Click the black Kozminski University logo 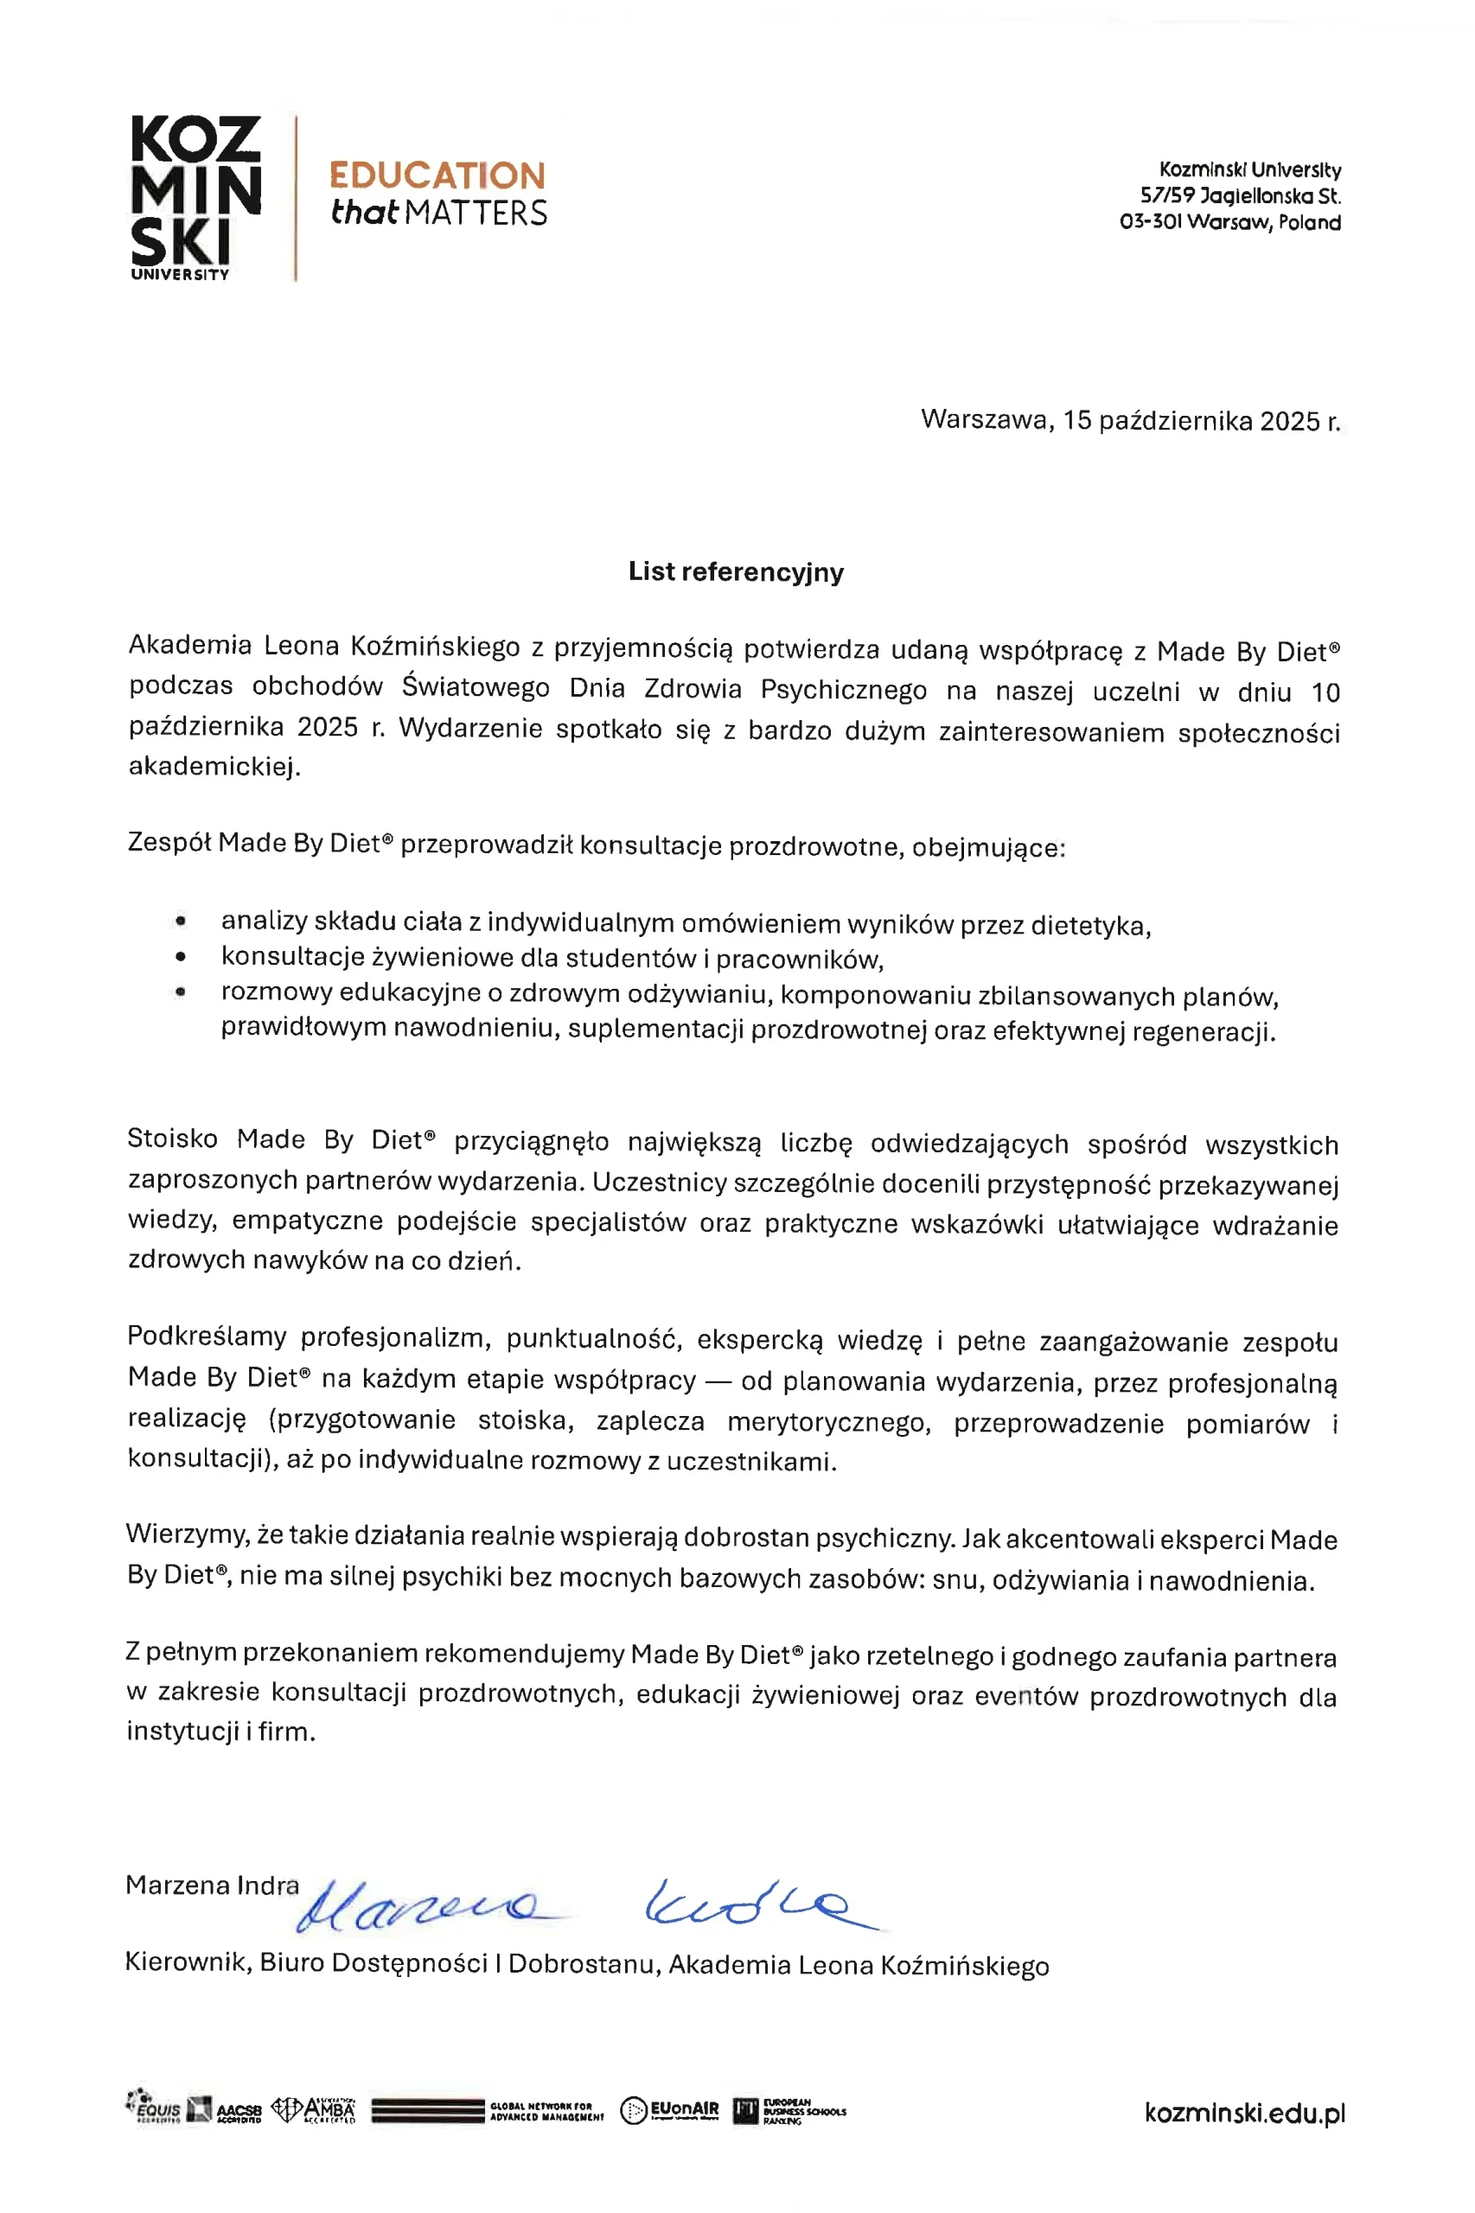click(x=195, y=195)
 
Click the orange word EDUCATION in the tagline click(x=437, y=175)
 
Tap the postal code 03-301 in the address click(x=1151, y=223)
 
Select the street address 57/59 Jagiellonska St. click(x=1240, y=196)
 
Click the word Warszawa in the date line click(x=986, y=418)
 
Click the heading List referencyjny click(x=736, y=571)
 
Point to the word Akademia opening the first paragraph click(x=189, y=645)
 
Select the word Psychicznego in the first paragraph click(x=843, y=689)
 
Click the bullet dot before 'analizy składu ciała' click(x=181, y=922)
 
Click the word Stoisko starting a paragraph click(x=172, y=1139)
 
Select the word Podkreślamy click(x=206, y=1336)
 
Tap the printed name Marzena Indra click(x=212, y=1885)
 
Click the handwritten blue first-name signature click(x=424, y=1905)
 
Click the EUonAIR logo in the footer click(x=670, y=2110)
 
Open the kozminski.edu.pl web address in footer click(x=1243, y=2114)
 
